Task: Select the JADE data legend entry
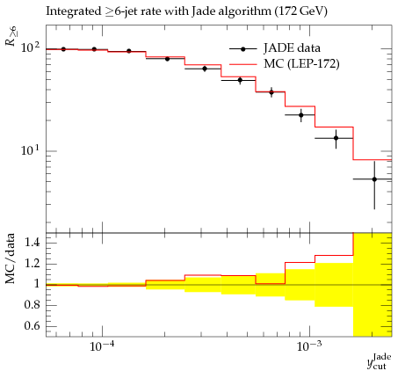point(275,48)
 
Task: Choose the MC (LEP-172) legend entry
point(284,64)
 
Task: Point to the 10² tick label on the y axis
point(30,47)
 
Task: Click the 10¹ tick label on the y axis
point(30,150)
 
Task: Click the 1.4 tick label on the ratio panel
point(33,243)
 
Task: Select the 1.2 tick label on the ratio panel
point(33,263)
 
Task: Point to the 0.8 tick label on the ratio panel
point(33,305)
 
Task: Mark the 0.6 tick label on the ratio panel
point(33,325)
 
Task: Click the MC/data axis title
point(11,258)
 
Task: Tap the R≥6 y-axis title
point(11,36)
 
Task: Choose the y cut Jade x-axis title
point(379,361)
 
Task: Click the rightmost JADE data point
point(374,179)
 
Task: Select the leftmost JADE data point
point(63,49)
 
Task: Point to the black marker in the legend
point(242,49)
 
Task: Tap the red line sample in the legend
point(242,64)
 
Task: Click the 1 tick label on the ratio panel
point(37,284)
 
